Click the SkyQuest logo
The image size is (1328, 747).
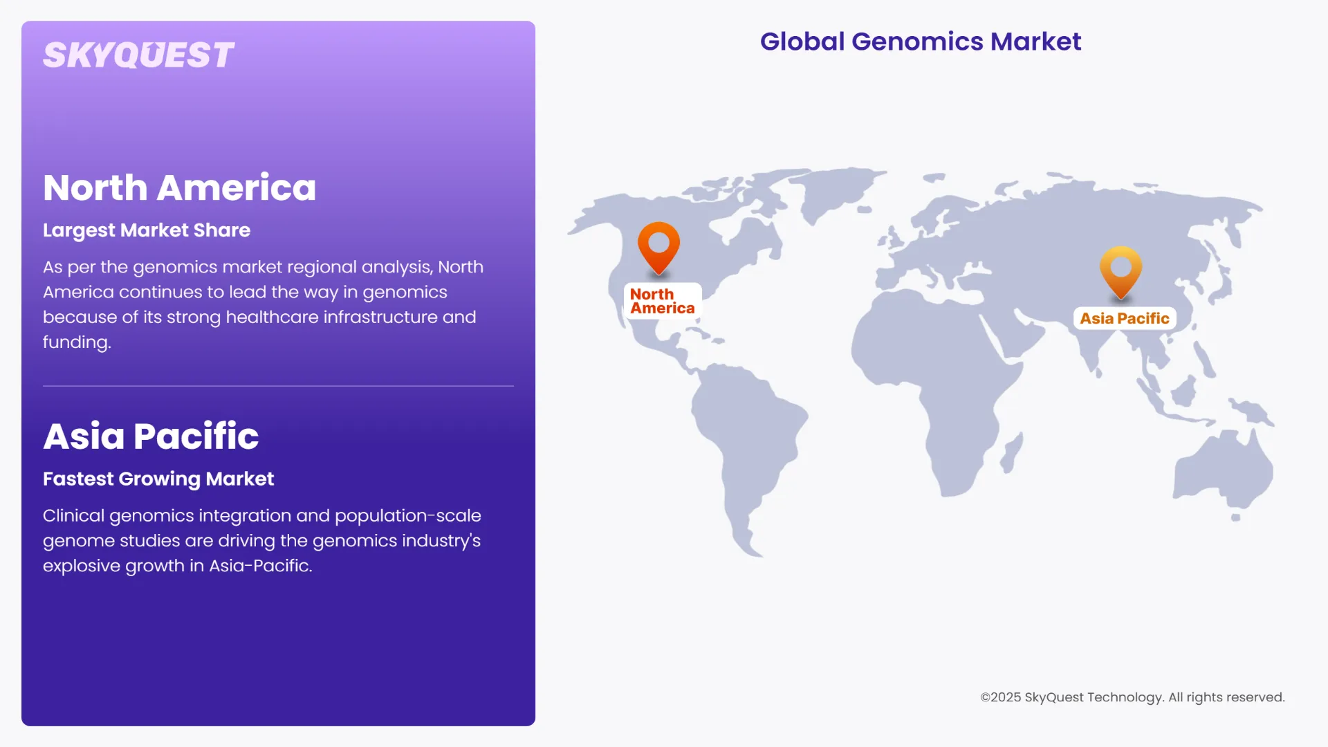coord(138,55)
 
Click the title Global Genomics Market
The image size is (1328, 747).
coord(920,41)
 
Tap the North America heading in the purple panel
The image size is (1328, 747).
coord(179,187)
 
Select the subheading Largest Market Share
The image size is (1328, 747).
coord(147,230)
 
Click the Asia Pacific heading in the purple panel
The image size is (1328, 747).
coord(151,436)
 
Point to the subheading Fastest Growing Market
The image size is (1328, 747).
coord(158,479)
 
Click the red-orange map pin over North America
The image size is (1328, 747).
coord(658,246)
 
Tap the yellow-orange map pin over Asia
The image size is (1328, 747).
coord(1120,270)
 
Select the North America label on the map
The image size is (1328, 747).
coord(662,302)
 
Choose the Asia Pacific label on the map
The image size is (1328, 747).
coord(1125,318)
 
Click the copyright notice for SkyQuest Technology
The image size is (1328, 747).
coord(1132,697)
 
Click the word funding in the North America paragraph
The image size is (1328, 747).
coord(76,342)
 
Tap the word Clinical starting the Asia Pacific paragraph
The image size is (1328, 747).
coord(73,516)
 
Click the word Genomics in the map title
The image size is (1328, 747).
coord(917,41)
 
